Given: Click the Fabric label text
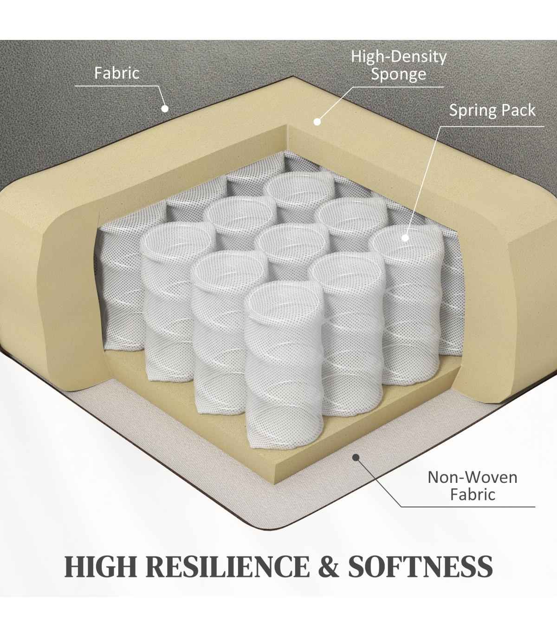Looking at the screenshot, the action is click(x=117, y=73).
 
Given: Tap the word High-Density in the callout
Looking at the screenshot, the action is click(x=399, y=57).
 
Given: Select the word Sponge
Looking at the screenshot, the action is click(x=398, y=75).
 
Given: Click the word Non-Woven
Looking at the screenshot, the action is click(x=473, y=477).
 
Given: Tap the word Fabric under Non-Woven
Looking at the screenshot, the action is click(x=473, y=494).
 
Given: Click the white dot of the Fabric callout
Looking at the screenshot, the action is click(x=165, y=109).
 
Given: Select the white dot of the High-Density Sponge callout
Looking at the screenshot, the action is click(x=317, y=122).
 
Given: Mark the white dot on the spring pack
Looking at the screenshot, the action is click(x=405, y=238).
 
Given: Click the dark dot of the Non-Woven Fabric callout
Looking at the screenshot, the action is click(x=356, y=457).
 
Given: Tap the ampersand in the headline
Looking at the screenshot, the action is click(x=329, y=566).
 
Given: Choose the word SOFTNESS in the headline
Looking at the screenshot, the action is click(x=421, y=566).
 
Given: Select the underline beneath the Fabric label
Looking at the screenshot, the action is click(x=117, y=86).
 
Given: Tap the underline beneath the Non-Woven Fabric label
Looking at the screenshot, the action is click(x=468, y=507).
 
